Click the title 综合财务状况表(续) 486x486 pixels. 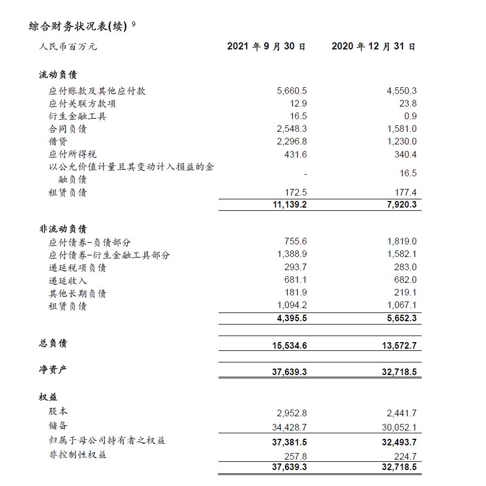[x=78, y=26]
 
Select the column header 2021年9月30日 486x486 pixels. [x=266, y=47]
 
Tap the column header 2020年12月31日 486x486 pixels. [x=373, y=47]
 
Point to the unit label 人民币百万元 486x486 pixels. [x=68, y=47]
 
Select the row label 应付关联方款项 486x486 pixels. [x=82, y=104]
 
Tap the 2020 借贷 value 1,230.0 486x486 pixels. [x=401, y=142]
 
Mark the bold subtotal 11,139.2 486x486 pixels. [x=289, y=205]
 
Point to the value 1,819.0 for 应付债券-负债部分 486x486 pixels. [x=401, y=242]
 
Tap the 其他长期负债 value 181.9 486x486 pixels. [x=295, y=293]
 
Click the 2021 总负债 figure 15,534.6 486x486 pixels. [x=289, y=345]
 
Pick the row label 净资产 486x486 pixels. [x=53, y=370]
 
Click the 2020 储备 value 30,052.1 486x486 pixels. [x=399, y=427]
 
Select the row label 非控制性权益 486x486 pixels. [x=77, y=455]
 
